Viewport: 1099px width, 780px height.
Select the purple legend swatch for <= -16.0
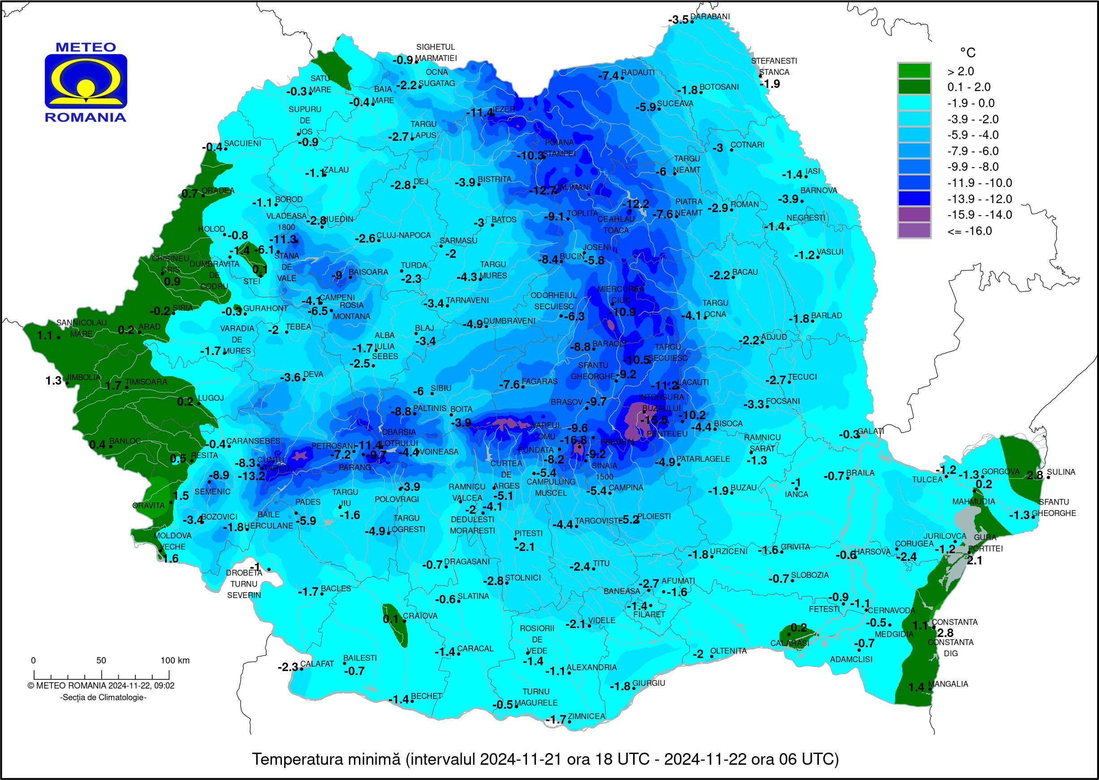tap(914, 230)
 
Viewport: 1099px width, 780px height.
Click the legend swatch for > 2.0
tap(914, 71)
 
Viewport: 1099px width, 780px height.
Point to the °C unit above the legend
tap(967, 52)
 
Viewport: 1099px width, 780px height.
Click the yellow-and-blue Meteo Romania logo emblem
tap(86, 81)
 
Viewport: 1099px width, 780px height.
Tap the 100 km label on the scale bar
tap(175, 660)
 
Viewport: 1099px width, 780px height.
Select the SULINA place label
tap(1060, 472)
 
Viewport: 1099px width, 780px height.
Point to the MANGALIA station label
tap(948, 684)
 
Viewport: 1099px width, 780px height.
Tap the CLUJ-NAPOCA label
tap(403, 235)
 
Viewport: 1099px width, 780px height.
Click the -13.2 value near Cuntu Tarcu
tap(251, 476)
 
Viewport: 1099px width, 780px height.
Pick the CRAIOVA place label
tap(420, 616)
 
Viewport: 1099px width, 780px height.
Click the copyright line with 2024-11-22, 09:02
tap(101, 686)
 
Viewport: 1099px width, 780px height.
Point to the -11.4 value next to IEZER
tap(480, 113)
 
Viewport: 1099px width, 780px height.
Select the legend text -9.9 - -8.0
tap(973, 167)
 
